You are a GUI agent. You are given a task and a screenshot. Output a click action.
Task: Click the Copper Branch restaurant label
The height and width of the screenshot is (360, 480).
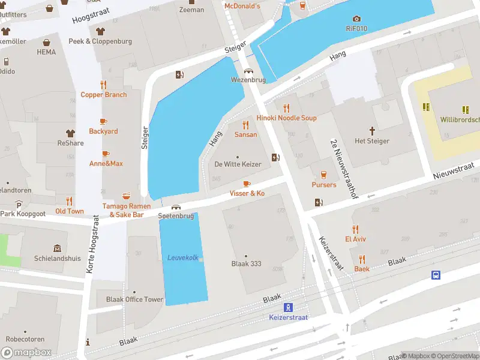tap(104, 95)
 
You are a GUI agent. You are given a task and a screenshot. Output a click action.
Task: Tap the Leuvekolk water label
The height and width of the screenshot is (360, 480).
tap(182, 257)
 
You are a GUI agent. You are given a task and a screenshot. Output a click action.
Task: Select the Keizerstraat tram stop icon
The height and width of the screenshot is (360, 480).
tap(288, 307)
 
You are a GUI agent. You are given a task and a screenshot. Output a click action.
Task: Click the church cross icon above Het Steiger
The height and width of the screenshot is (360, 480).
tap(372, 130)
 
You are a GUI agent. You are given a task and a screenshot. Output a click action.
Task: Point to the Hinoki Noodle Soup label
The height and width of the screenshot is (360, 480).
tap(286, 118)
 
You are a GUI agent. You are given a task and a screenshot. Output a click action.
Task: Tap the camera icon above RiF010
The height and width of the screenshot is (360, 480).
tap(356, 19)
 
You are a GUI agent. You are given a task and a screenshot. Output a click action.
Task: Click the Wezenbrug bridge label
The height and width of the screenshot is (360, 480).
tap(248, 80)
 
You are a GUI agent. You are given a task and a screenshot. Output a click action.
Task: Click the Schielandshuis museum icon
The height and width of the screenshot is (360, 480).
tap(57, 248)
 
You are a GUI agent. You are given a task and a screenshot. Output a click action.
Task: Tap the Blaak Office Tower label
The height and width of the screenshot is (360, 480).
tap(134, 299)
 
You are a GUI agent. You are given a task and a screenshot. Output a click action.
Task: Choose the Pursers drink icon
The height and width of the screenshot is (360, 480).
tap(324, 175)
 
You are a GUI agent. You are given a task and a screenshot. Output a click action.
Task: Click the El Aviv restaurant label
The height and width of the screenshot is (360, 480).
tap(355, 239)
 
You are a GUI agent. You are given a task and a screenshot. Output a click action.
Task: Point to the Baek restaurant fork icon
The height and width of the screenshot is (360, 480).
tap(362, 259)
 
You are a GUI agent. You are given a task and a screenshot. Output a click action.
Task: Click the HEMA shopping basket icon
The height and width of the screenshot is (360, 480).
tap(46, 42)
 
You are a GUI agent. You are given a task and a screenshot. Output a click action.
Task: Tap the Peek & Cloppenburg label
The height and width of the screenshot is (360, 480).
tap(100, 41)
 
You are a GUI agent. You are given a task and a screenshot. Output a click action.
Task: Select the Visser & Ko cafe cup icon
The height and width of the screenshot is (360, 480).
tap(247, 184)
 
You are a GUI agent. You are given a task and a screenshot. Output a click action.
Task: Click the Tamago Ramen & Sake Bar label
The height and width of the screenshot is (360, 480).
tap(126, 210)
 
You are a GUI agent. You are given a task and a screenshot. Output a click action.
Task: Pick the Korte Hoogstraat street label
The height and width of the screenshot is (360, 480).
tap(91, 247)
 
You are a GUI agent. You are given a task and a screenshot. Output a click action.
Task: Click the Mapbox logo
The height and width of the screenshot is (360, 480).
tap(26, 352)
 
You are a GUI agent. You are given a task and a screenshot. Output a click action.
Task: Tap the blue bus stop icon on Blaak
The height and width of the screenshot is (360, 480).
tap(436, 275)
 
